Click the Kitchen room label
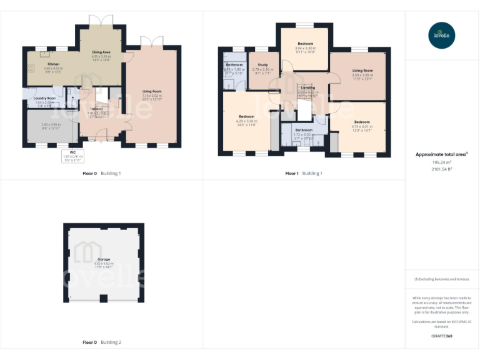(x=53, y=64)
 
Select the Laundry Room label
(x=45, y=98)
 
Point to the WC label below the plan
(x=72, y=152)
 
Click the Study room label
(x=263, y=64)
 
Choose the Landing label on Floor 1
(x=308, y=87)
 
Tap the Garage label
(x=104, y=259)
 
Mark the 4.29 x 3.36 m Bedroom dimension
(x=246, y=121)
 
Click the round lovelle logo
(x=442, y=34)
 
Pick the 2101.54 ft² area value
(x=442, y=169)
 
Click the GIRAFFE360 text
(x=441, y=336)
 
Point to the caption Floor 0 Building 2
(x=102, y=342)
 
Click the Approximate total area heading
(x=441, y=154)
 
